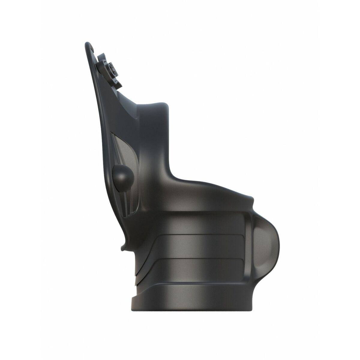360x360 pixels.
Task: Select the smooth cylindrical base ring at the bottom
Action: [195, 306]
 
